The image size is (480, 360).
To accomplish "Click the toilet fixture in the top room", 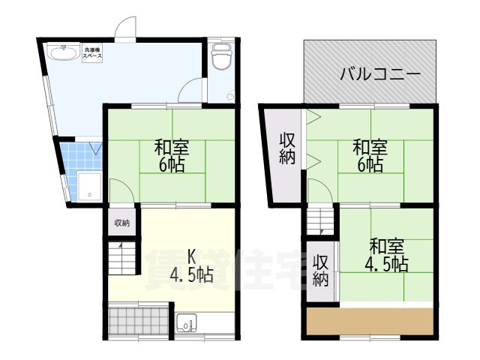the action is click(222, 56).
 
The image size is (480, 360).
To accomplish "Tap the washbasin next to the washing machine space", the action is click(64, 52).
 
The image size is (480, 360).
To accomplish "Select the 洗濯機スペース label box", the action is click(92, 53).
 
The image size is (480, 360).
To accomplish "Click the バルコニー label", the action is click(380, 73).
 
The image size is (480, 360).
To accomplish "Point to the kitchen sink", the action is click(187, 323).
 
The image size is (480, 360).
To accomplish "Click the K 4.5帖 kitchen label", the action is click(192, 265).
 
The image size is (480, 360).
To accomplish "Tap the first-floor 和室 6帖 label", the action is click(172, 155).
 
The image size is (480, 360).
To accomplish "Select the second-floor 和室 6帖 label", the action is click(370, 155).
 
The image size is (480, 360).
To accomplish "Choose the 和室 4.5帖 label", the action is click(386, 255).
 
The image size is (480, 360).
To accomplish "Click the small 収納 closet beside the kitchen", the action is click(121, 223).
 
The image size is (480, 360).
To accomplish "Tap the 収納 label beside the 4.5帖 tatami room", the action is click(320, 270).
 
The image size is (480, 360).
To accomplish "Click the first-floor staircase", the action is click(121, 258).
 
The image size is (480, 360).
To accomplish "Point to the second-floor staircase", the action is click(320, 221).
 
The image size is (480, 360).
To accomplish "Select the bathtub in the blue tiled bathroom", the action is click(89, 187).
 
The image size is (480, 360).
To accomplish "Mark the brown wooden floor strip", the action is click(370, 322).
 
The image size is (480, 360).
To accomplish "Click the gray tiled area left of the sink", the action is click(138, 320).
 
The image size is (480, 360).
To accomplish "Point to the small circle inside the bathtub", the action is click(90, 194).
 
